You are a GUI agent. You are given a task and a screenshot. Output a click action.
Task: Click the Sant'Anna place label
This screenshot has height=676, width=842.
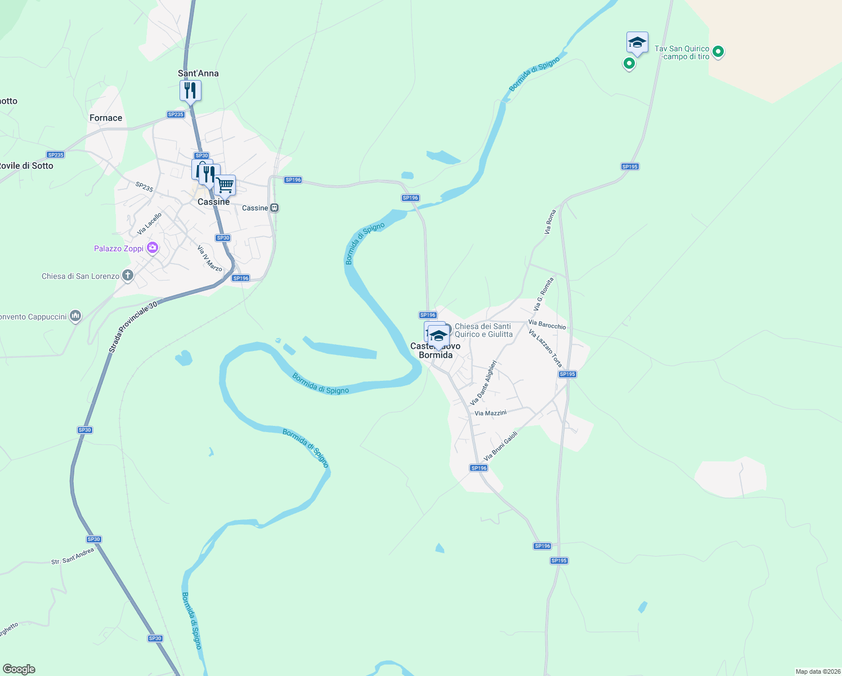(198, 73)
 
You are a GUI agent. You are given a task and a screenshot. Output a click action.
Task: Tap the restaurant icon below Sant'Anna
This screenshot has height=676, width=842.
(190, 90)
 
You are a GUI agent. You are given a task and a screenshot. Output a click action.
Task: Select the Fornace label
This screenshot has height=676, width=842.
(106, 118)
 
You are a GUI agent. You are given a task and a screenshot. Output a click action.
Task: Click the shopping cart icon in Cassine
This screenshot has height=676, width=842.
(225, 185)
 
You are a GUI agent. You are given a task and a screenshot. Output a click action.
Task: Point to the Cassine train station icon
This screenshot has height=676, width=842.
(275, 208)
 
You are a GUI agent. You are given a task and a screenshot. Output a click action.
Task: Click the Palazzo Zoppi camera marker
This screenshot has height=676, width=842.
(152, 248)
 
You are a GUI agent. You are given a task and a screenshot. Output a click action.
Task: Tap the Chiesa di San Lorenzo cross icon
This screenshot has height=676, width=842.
(128, 275)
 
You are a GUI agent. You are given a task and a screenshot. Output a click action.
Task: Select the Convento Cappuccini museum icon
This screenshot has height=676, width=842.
(75, 316)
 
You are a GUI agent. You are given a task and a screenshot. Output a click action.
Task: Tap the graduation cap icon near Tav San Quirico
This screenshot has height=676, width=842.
(637, 42)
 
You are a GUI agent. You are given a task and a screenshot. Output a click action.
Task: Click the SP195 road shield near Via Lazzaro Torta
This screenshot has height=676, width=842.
(567, 374)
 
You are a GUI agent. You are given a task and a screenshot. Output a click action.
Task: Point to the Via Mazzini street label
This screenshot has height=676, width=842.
(491, 413)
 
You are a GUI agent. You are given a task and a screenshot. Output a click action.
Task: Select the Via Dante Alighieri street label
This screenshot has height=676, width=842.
(483, 383)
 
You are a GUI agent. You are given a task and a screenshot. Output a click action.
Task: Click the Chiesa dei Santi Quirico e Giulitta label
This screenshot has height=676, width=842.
(483, 330)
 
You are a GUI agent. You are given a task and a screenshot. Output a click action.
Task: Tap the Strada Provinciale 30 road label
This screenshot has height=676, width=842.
(133, 327)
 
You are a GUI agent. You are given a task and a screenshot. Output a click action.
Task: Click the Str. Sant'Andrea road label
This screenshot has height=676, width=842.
(73, 557)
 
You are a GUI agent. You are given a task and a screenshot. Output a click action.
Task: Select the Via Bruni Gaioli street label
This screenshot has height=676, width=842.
(500, 446)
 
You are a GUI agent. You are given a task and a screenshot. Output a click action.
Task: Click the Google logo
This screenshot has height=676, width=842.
(19, 669)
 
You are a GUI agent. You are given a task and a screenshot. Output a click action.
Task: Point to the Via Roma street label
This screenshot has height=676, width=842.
(550, 222)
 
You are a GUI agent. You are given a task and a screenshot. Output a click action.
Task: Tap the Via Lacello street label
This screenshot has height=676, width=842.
(150, 224)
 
